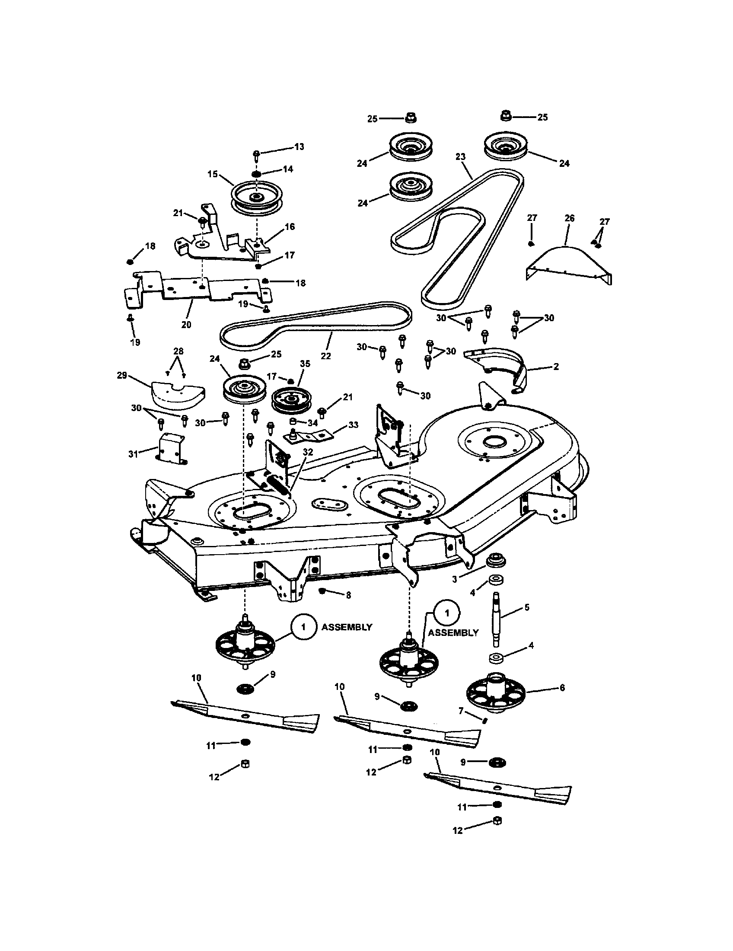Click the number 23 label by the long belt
461,157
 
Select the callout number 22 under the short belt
325,356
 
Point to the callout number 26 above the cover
569,218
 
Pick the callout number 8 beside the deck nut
348,595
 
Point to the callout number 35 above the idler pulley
305,364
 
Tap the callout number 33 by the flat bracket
353,424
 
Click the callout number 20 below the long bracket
186,325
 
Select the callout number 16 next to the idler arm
290,227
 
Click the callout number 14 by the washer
288,169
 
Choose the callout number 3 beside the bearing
455,580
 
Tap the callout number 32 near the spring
308,452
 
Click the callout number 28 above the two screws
178,351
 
